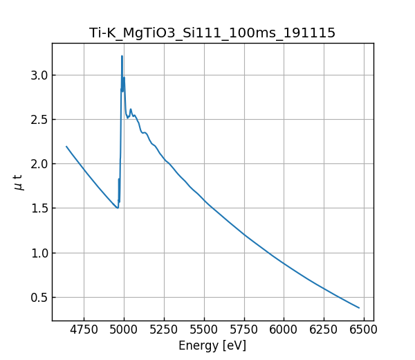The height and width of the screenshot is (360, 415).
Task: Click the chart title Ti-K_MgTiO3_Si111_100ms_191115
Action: pyautogui.click(x=212, y=33)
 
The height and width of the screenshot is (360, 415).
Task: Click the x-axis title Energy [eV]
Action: pyautogui.click(x=212, y=345)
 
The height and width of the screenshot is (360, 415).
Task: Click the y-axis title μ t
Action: pyautogui.click(x=19, y=182)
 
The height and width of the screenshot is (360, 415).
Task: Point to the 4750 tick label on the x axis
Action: pyautogui.click(x=84, y=330)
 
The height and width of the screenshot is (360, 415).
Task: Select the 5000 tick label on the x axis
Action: pyautogui.click(x=124, y=330)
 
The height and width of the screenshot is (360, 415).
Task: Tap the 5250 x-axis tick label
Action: pyautogui.click(x=164, y=330)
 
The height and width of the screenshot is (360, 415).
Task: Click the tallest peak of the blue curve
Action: pyautogui.click(x=122, y=56)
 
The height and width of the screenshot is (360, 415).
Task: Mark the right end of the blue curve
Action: pyautogui.click(x=359, y=308)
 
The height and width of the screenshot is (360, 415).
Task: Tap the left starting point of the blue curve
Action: pyautogui.click(x=66, y=146)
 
